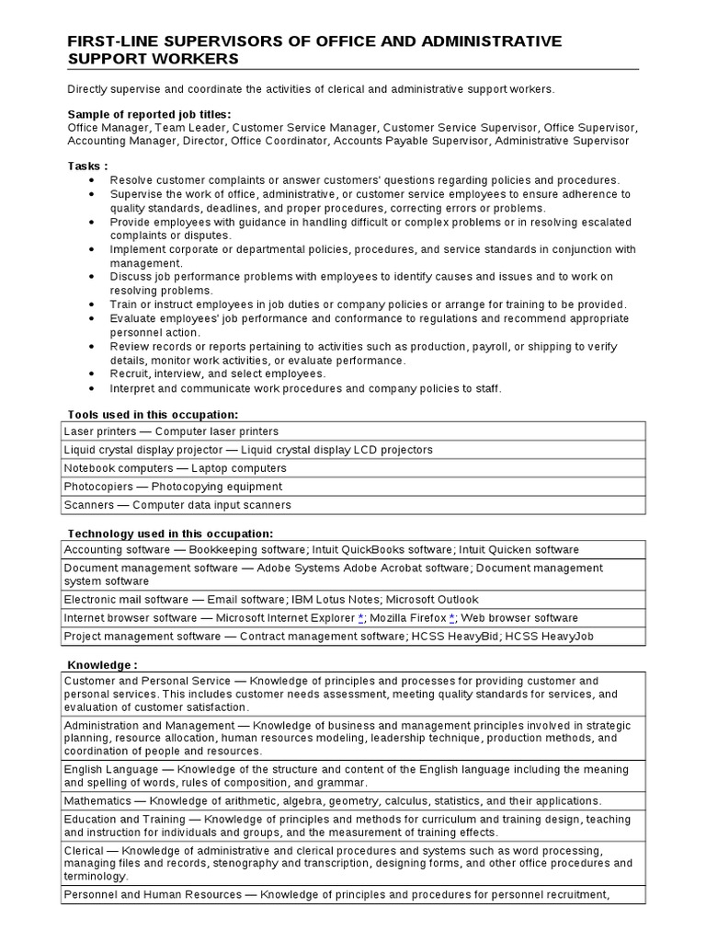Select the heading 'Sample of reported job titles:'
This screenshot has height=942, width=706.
(x=149, y=114)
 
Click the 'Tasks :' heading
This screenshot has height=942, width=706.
(x=87, y=166)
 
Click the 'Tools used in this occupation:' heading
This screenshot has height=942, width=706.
(x=153, y=415)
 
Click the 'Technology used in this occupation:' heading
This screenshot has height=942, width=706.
(x=170, y=534)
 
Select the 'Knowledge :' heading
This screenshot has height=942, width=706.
(x=102, y=665)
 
